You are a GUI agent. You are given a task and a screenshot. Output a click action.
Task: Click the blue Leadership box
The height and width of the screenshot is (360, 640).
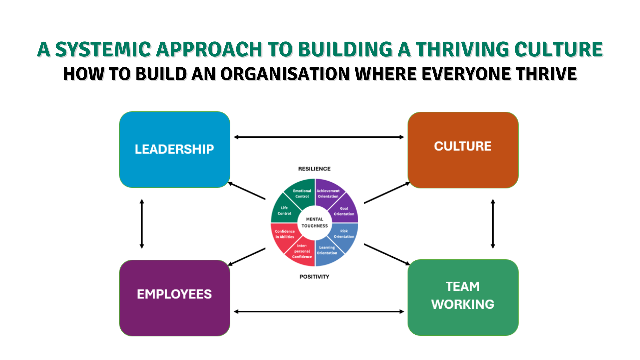coord(175,149)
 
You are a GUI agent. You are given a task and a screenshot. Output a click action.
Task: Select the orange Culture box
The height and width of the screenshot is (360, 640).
coord(463,150)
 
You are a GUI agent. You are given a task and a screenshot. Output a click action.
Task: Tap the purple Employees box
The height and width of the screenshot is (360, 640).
coord(175,298)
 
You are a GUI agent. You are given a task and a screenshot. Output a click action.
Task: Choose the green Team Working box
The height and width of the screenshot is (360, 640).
coord(463,297)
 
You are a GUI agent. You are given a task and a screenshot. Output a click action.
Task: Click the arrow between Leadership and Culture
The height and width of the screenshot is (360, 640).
coord(319,137)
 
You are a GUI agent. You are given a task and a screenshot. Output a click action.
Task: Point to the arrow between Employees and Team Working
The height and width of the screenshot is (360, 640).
coord(319,312)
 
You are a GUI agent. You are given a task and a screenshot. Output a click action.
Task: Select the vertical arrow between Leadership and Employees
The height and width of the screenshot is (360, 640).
coord(142,224)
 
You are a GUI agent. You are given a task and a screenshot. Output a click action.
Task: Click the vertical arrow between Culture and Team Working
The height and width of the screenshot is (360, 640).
coord(493,224)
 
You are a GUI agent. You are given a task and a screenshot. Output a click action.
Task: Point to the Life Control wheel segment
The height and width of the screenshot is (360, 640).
coord(284,211)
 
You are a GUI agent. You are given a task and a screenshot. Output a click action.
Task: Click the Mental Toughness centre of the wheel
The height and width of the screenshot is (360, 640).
coord(315,223)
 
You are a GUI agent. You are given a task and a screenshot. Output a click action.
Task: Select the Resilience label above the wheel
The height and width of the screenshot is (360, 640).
coord(314,169)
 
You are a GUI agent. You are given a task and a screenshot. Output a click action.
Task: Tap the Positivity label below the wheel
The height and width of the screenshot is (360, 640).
coord(314,277)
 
